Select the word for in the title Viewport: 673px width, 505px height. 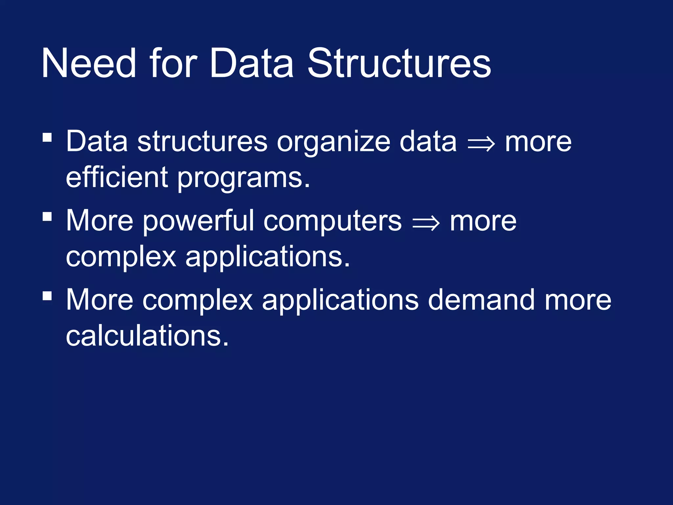click(173, 63)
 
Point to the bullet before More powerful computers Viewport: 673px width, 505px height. click(47, 216)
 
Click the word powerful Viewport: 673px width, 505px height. click(198, 221)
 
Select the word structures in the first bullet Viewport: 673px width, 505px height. click(202, 142)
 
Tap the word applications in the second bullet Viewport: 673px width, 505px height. click(267, 257)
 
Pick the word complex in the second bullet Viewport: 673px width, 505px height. click(121, 257)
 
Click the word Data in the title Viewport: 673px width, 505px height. click(251, 63)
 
